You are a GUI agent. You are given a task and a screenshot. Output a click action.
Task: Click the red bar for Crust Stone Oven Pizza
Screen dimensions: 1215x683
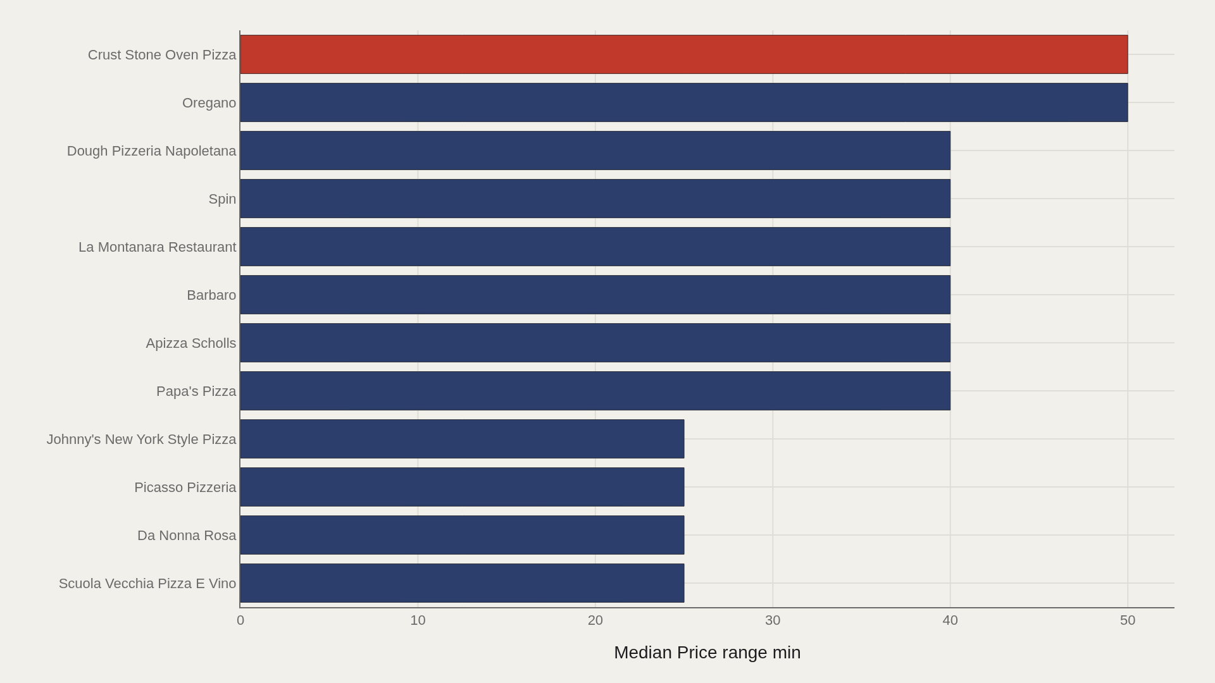pyautogui.click(x=684, y=54)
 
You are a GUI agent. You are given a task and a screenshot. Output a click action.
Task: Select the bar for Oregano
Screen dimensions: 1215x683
pyautogui.click(x=684, y=102)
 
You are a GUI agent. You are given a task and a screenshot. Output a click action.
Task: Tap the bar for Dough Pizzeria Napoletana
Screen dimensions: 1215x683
pyautogui.click(x=595, y=151)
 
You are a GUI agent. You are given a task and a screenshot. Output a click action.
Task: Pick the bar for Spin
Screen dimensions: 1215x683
pyautogui.click(x=595, y=199)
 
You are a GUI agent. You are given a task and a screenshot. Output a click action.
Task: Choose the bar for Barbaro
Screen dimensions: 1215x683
pyautogui.click(x=595, y=295)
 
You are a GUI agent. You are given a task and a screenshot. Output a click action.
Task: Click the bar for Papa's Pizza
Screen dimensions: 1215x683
pyautogui.click(x=595, y=391)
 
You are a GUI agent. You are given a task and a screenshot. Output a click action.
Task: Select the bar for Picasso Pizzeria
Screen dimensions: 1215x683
pyautogui.click(x=463, y=487)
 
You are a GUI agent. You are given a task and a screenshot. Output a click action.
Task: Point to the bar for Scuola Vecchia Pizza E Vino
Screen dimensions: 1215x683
pyautogui.click(x=463, y=583)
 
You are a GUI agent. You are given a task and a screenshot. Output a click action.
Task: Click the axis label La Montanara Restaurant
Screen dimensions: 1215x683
pyautogui.click(x=158, y=247)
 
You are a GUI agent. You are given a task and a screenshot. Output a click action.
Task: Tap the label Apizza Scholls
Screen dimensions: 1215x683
pyautogui.click(x=191, y=343)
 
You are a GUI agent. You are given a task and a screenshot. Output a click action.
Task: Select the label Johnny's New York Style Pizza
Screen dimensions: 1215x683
pyautogui.click(x=141, y=440)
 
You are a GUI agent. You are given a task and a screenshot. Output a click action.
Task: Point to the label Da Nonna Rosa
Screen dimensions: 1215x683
pyautogui.click(x=187, y=536)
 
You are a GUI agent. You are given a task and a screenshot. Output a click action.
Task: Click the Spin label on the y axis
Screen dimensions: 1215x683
pyautogui.click(x=222, y=199)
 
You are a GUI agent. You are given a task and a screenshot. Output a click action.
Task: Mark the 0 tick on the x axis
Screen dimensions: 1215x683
pyautogui.click(x=240, y=620)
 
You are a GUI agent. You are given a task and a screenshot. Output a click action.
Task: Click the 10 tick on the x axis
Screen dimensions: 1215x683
pyautogui.click(x=418, y=620)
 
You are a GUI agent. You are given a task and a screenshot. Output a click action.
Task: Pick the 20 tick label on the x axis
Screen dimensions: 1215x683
pyautogui.click(x=595, y=620)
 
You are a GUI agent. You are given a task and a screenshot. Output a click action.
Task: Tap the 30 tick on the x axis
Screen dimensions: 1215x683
pyautogui.click(x=773, y=620)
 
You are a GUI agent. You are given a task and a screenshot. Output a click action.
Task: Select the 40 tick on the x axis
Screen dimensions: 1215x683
pyautogui.click(x=950, y=620)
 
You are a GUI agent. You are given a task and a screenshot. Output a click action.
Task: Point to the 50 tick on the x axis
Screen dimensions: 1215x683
pyautogui.click(x=1128, y=620)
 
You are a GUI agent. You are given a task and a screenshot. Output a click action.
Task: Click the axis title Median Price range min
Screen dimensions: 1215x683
pyautogui.click(x=707, y=653)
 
